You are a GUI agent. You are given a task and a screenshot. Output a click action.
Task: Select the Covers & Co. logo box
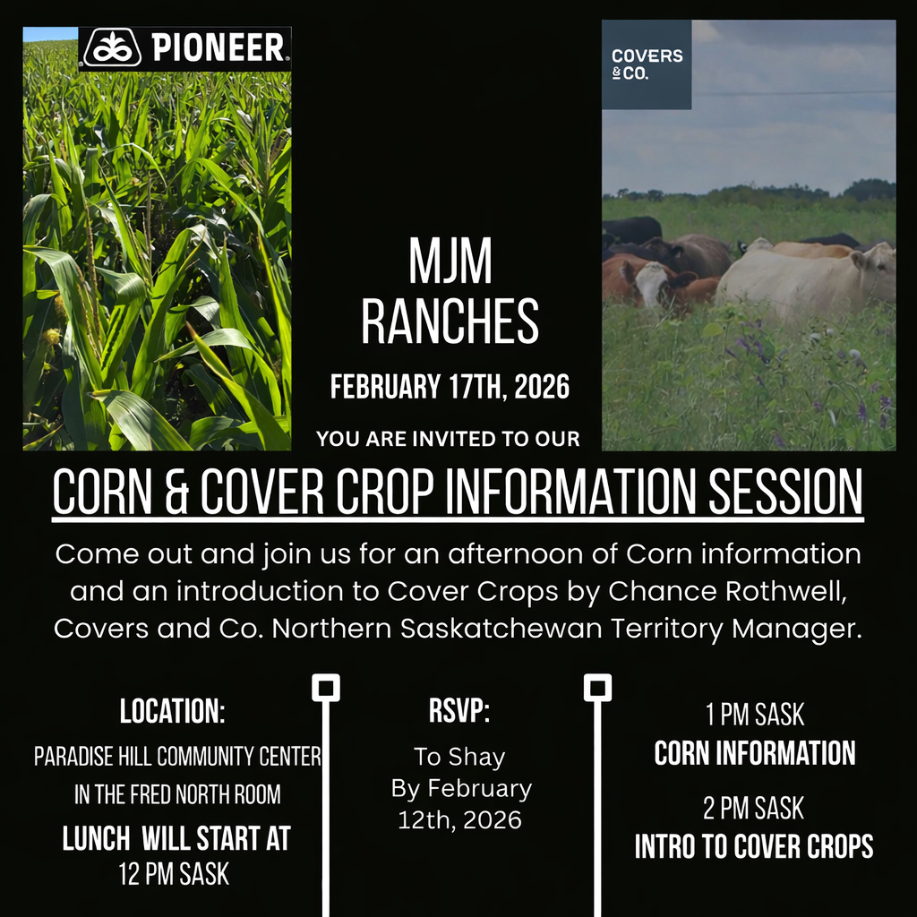click(x=647, y=64)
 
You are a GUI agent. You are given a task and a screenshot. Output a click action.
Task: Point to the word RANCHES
click(x=450, y=321)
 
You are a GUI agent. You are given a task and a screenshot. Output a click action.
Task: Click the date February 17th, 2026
click(x=450, y=387)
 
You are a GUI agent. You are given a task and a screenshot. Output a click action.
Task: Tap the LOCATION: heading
click(x=173, y=713)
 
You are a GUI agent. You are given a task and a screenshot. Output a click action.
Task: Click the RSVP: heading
click(x=459, y=713)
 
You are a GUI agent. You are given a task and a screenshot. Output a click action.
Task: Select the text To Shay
click(x=459, y=757)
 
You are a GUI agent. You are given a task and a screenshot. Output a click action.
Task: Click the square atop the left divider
click(x=325, y=688)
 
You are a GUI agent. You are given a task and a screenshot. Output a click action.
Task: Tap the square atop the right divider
click(x=597, y=688)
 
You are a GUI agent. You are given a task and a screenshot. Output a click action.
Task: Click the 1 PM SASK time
click(x=755, y=716)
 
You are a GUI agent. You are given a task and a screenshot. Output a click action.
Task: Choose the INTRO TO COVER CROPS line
click(x=755, y=846)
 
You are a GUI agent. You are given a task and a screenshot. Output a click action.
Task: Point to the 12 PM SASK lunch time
click(x=175, y=873)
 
